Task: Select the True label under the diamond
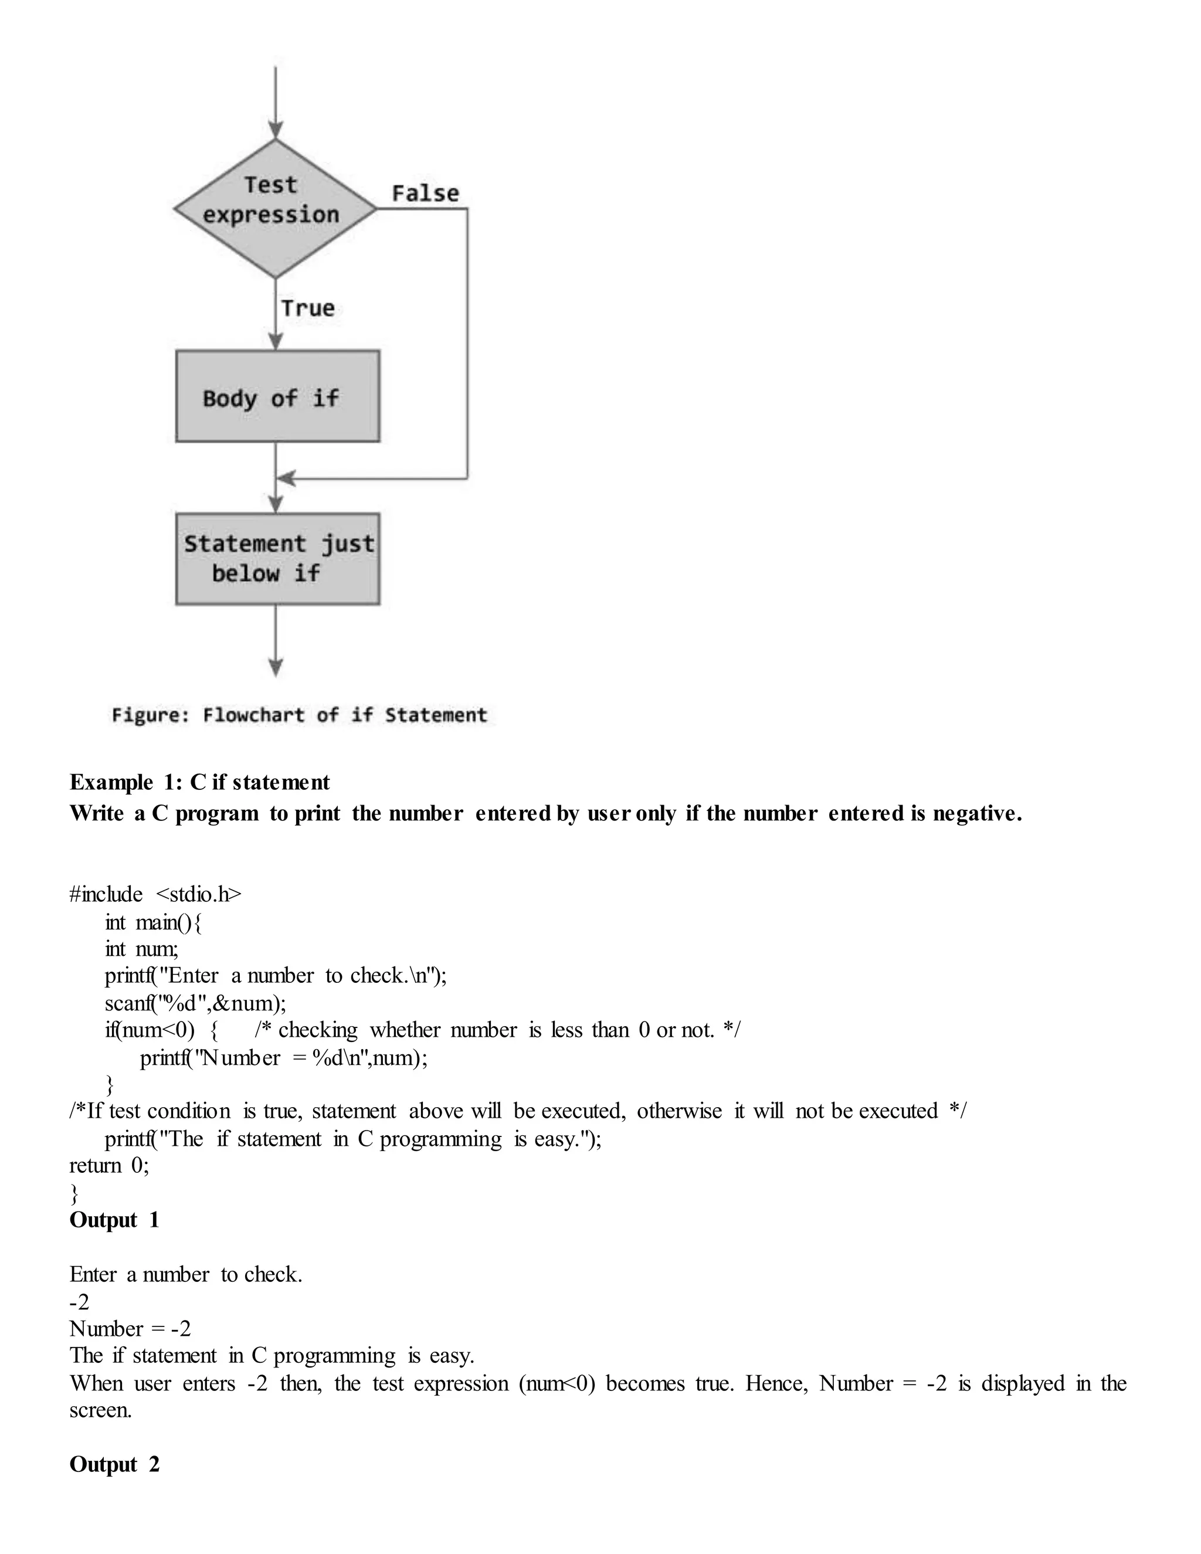pyautogui.click(x=307, y=308)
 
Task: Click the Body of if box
pyautogui.click(x=277, y=396)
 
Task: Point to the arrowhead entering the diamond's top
pyautogui.click(x=276, y=130)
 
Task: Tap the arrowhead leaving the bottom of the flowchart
pyautogui.click(x=276, y=667)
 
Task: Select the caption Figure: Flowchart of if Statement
pyautogui.click(x=300, y=715)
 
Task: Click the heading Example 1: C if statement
pyautogui.click(x=199, y=782)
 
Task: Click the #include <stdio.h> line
pyautogui.click(x=155, y=894)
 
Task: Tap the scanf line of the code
pyautogui.click(x=195, y=1003)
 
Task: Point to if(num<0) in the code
pyautogui.click(x=150, y=1030)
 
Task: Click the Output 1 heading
pyautogui.click(x=114, y=1220)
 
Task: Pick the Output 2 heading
pyautogui.click(x=114, y=1464)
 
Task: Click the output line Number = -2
pyautogui.click(x=130, y=1328)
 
